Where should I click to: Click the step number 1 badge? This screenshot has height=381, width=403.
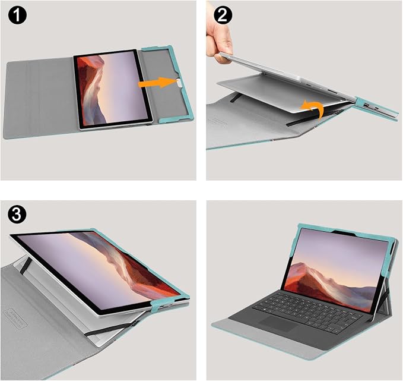[17, 15]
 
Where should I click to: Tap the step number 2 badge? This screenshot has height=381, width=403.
[223, 15]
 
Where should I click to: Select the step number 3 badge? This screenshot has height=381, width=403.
[17, 214]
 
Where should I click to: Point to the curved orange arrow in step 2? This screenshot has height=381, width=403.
[313, 109]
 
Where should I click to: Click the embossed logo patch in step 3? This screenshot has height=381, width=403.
[15, 319]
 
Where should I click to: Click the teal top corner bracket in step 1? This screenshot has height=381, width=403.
[157, 48]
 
